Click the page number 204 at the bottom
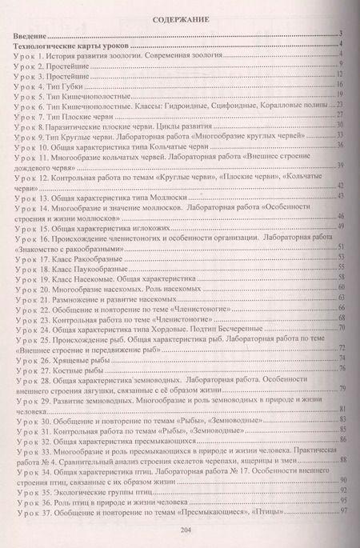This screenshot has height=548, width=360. point(179,530)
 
